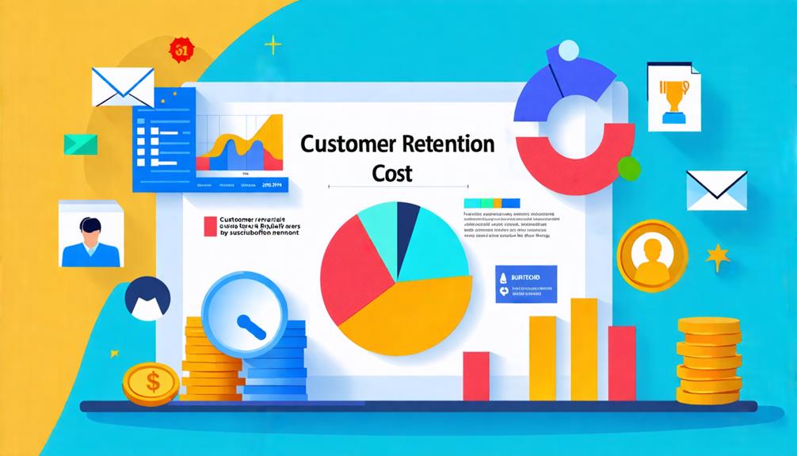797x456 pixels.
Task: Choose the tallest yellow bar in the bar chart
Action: [x=584, y=349]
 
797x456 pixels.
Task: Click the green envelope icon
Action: [x=81, y=144]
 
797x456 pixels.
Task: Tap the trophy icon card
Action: [x=673, y=96]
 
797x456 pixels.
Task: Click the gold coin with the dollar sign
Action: [x=150, y=384]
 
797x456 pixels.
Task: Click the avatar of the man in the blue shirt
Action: [x=90, y=234]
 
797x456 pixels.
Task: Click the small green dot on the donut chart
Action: [x=628, y=167]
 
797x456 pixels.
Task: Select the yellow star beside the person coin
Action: [x=718, y=257]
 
